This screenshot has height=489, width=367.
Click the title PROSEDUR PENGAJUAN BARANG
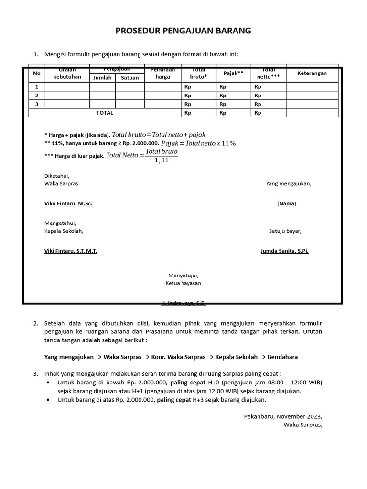183,31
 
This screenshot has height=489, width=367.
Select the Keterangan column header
312,73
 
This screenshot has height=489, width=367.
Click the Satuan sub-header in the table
130,78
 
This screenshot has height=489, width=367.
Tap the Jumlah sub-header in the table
102,78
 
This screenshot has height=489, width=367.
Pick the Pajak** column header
233,73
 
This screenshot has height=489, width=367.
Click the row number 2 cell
36,96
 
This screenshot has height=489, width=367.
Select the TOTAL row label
105,113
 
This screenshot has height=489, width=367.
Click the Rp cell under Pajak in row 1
222,87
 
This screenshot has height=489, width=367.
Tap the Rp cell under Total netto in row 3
258,104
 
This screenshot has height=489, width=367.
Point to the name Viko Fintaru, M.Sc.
68,203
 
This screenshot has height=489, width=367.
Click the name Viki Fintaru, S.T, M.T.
70,251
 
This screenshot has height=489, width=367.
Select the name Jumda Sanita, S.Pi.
284,251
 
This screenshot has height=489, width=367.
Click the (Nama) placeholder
287,203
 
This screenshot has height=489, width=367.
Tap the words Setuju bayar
285,231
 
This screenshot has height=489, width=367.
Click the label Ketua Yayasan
183,283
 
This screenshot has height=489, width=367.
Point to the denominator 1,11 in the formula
162,160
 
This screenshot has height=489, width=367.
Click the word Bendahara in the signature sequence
285,357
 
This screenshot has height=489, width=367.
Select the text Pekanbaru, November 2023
282,415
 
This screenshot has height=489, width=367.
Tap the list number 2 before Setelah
36,323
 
